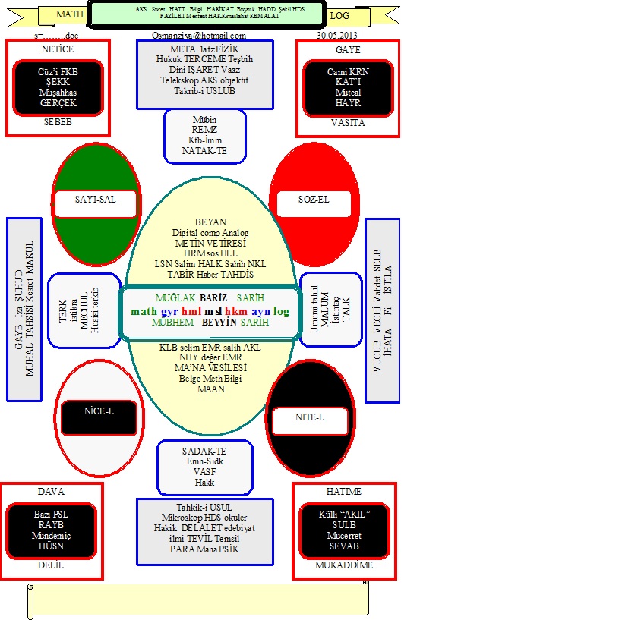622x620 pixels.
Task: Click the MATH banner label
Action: tap(70, 14)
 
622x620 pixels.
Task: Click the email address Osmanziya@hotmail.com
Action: tap(199, 35)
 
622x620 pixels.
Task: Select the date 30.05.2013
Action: tap(337, 35)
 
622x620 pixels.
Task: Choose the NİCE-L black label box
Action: tap(99, 414)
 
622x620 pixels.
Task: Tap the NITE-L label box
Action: tap(309, 417)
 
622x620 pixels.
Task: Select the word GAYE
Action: tap(348, 49)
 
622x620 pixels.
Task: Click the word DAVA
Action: tap(51, 492)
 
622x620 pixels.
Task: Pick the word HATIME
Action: tap(343, 492)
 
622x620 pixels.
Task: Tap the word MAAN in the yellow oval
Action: tap(210, 389)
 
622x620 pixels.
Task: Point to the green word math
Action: tap(144, 311)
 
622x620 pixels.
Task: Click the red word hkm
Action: tap(236, 311)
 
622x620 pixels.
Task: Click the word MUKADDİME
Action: tap(343, 565)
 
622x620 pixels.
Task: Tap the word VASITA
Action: tap(348, 122)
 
